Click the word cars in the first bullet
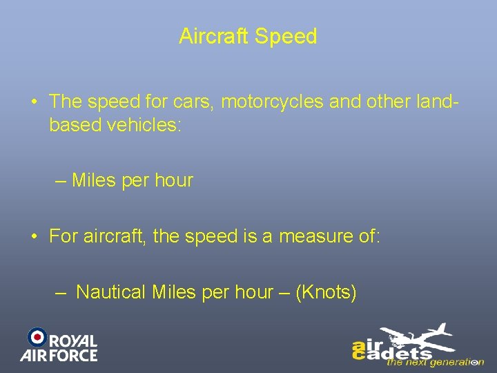pos(198,102)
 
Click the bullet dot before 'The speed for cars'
pos(34,102)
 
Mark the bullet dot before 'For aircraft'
pos(34,237)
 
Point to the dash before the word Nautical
pos(61,293)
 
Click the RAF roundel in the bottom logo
pos(37,336)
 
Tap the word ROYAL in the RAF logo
pos(74,341)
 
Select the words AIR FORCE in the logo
pos(59,356)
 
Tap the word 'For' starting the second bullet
pos(64,236)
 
